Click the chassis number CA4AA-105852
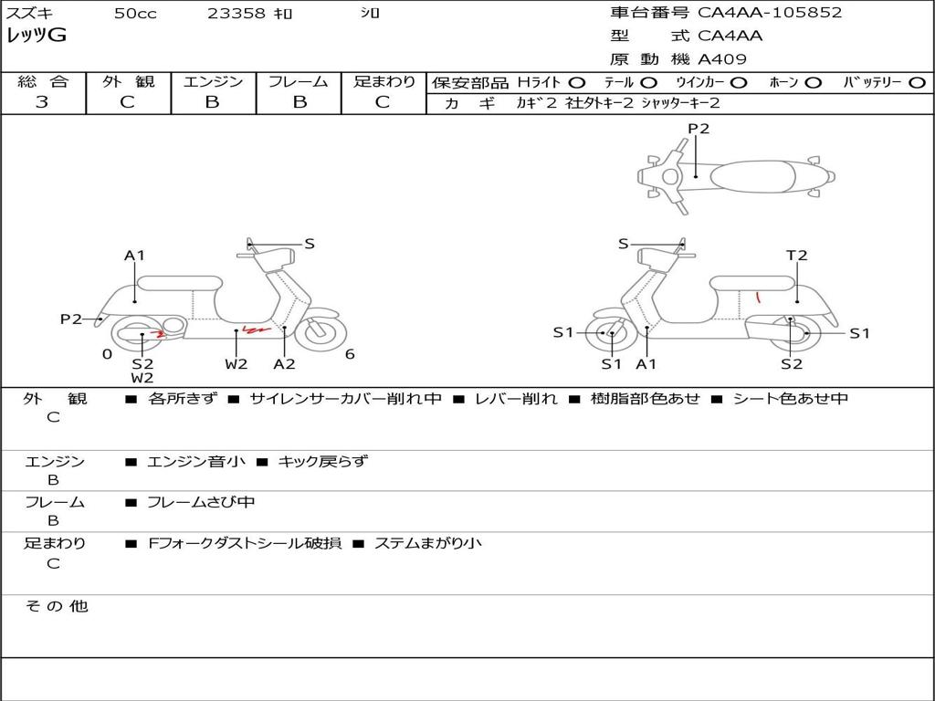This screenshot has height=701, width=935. click(x=769, y=13)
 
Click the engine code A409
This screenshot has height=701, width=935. click(x=721, y=59)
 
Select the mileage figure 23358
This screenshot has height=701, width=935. click(x=236, y=13)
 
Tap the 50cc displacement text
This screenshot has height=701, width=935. click(x=135, y=13)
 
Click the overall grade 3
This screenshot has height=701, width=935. click(x=42, y=101)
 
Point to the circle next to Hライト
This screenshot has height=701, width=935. click(x=576, y=83)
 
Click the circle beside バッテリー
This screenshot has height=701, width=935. click(x=917, y=83)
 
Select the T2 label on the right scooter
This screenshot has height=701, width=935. click(x=796, y=256)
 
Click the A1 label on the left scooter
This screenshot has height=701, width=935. click(x=135, y=256)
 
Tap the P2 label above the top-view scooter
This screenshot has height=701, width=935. click(x=699, y=129)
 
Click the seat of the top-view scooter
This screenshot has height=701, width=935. click(x=752, y=176)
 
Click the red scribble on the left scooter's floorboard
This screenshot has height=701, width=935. click(x=257, y=329)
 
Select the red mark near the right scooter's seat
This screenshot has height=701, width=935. click(x=758, y=296)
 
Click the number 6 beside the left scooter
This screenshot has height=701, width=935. click(x=350, y=354)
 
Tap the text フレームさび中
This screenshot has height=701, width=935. click(x=201, y=503)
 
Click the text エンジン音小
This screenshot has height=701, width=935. click(x=196, y=461)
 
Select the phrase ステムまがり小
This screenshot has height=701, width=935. click(x=428, y=543)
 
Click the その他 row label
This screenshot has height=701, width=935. click(x=57, y=606)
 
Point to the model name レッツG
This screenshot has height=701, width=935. click(x=37, y=36)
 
